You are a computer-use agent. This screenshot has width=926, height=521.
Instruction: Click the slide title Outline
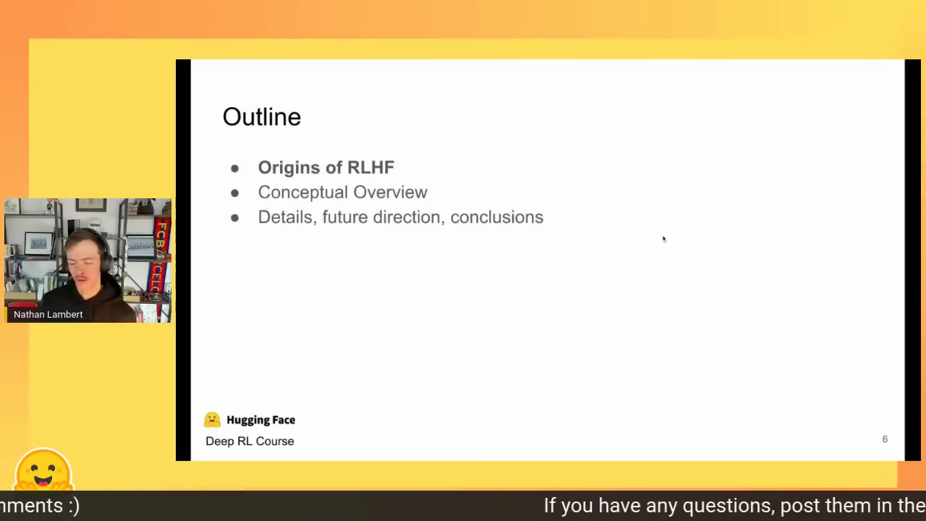(x=262, y=117)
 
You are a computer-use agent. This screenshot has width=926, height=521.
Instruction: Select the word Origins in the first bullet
(x=289, y=168)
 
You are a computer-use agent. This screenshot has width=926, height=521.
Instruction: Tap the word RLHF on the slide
(x=371, y=167)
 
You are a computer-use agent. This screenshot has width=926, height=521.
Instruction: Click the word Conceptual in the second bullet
(x=302, y=192)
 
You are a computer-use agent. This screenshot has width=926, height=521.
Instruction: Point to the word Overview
(x=390, y=192)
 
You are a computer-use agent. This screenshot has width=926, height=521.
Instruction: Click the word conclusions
(x=497, y=218)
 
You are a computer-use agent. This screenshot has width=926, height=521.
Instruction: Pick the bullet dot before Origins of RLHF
(x=235, y=169)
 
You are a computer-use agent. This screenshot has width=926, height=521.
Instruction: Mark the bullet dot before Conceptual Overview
(x=235, y=193)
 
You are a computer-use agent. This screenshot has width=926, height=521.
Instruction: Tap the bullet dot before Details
(x=235, y=218)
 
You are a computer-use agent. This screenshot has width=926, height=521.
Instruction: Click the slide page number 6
(x=885, y=439)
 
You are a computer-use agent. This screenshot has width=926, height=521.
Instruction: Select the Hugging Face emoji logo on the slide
(x=212, y=420)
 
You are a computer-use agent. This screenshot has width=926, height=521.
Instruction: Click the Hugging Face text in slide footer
(x=261, y=420)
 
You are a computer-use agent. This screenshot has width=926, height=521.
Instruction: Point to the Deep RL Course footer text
(x=250, y=441)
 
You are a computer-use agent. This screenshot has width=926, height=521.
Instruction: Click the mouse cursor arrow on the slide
(x=664, y=239)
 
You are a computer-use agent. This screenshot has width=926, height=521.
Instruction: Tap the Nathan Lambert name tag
(x=48, y=315)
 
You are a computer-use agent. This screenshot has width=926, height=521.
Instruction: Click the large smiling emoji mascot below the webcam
(x=43, y=470)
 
